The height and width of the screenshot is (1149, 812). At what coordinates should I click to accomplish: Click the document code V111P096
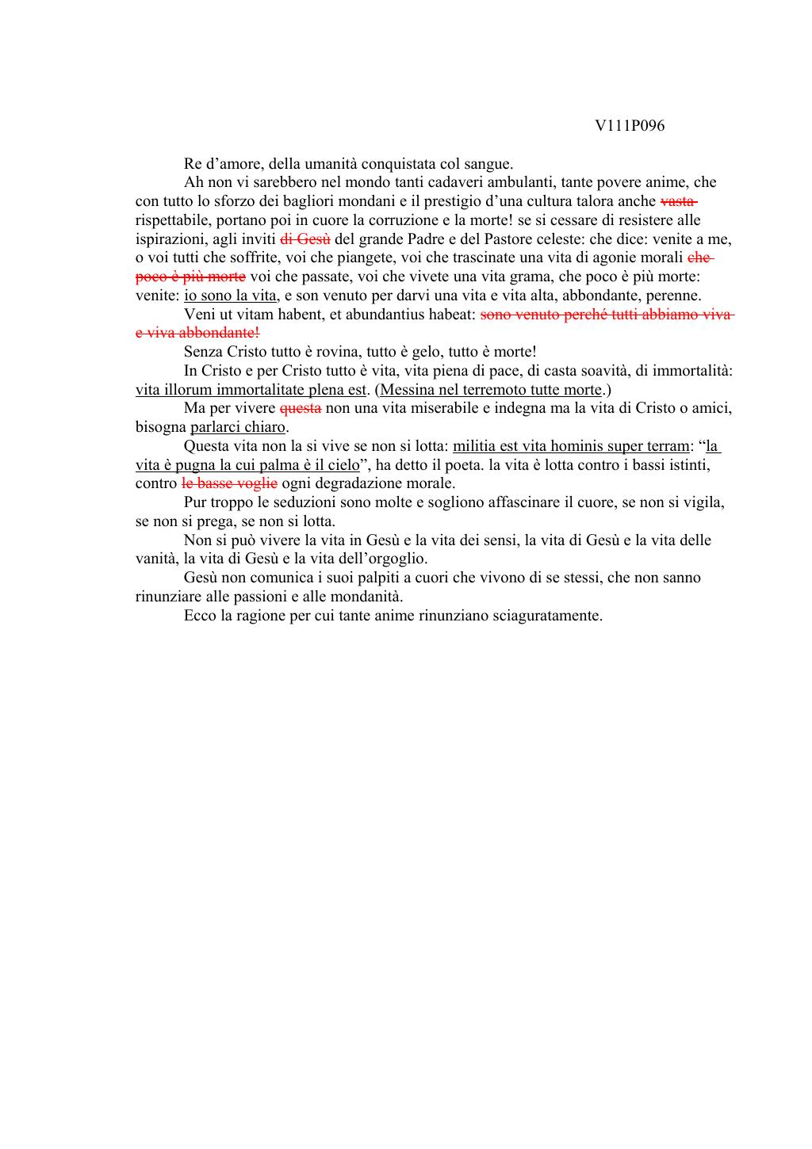coord(630,126)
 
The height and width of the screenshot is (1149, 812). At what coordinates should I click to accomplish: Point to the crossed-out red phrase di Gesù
coord(305,239)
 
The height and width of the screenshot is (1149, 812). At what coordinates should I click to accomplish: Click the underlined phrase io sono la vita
coord(230,296)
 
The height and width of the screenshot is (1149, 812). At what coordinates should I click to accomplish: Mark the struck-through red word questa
coord(301,409)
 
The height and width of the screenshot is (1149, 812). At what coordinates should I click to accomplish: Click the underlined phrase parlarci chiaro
coord(238,428)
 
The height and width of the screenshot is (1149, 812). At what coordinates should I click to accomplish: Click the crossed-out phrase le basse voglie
coord(229,483)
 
